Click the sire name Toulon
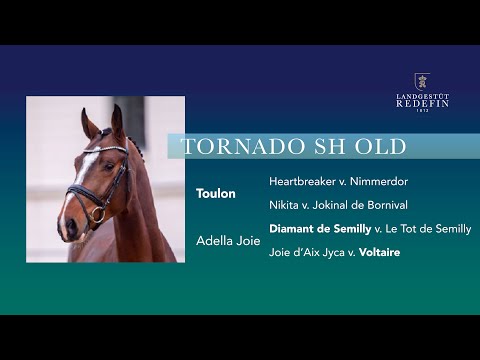pos(216,193)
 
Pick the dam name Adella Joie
pos(228,241)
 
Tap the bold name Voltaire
pos(380,252)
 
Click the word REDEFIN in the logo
pos(422,103)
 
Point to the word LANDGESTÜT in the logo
pos(422,95)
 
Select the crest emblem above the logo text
pos(422,80)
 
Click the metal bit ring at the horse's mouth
pos(98,213)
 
